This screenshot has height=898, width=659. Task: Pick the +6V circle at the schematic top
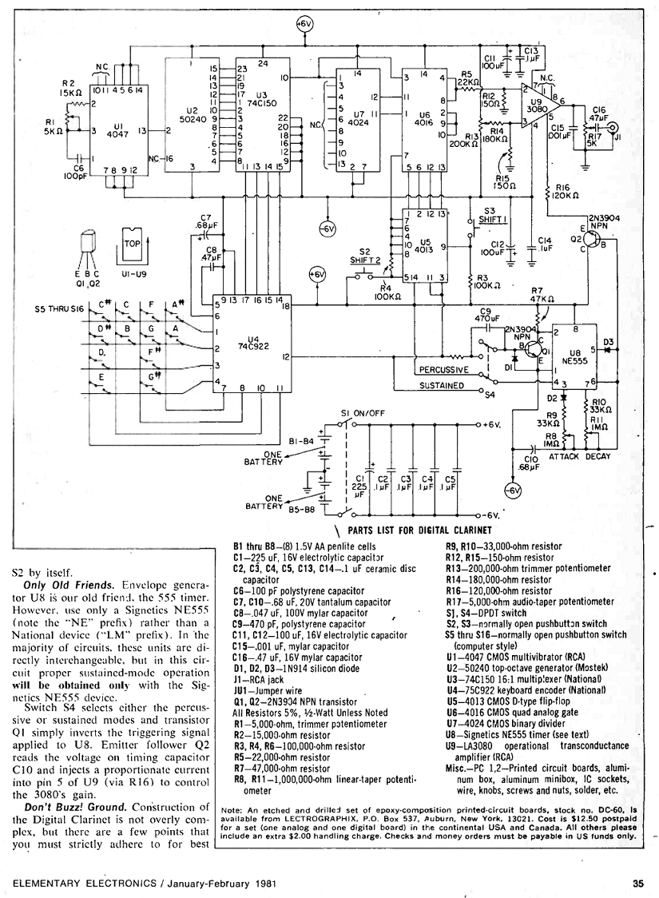pos(304,25)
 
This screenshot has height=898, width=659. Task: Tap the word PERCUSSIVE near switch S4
pos(446,370)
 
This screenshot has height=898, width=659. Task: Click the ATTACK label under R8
pos(566,456)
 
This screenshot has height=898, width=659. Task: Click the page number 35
pos(637,883)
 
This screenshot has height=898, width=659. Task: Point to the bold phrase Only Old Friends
pos(70,585)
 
